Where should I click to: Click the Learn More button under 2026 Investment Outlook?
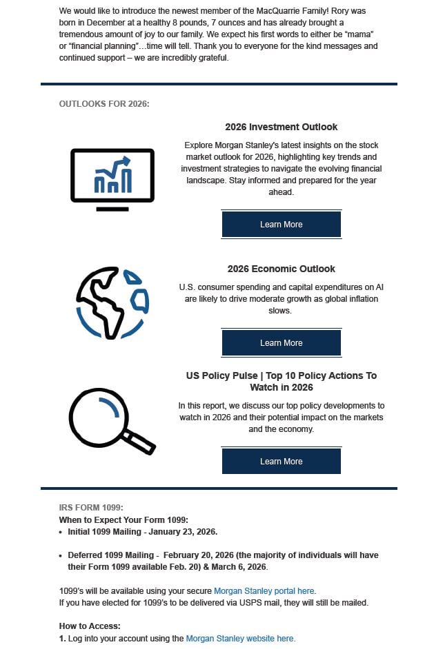281,225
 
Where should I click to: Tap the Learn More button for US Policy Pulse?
281,462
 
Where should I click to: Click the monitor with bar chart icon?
112,176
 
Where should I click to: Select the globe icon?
112,301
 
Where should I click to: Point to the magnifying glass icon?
110,420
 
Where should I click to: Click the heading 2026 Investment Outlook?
281,127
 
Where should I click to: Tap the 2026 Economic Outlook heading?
281,269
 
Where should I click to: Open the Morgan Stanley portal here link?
264,591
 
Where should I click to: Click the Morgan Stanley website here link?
240,639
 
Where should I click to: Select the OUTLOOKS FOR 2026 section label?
104,104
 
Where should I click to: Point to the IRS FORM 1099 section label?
91,508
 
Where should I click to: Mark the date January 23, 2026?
183,532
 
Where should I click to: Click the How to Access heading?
90,626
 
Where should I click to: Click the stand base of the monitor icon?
112,209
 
